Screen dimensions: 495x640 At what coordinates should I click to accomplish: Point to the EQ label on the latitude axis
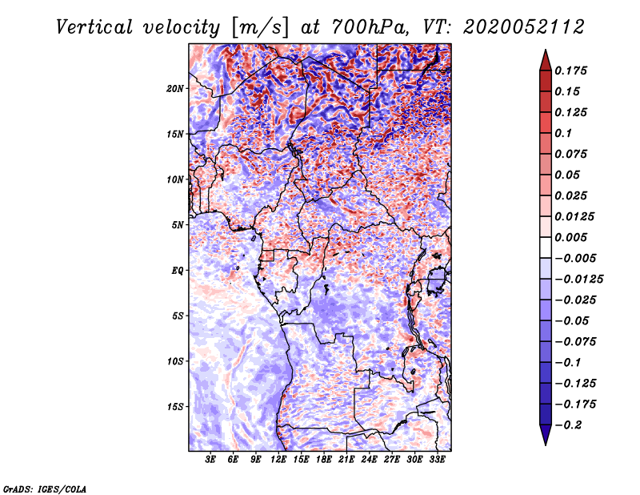click(x=178, y=271)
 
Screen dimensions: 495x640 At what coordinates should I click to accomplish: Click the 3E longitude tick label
click(x=211, y=460)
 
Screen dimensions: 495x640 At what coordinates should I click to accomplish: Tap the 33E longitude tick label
click(x=437, y=460)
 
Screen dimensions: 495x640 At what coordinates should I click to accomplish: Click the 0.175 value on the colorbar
click(x=574, y=70)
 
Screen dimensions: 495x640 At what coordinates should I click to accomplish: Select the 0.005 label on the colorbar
click(x=574, y=237)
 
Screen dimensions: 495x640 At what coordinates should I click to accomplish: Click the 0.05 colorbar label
click(x=570, y=175)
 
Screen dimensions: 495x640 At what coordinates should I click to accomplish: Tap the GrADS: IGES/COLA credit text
click(x=44, y=489)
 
